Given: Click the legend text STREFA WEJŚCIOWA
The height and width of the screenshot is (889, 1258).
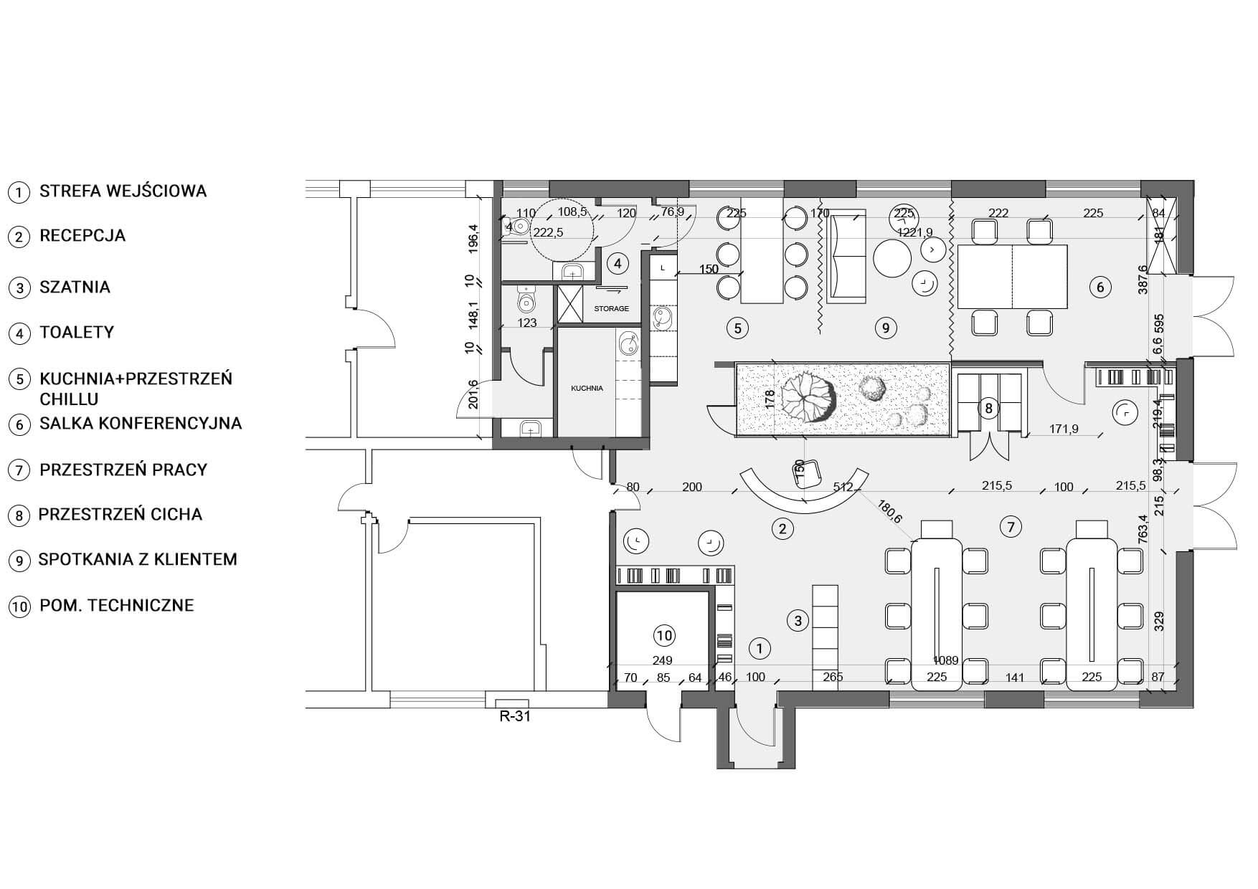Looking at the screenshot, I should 123,191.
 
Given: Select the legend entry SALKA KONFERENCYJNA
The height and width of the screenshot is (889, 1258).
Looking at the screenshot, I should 140,423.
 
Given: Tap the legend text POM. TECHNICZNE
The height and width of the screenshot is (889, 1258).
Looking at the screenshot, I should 116,605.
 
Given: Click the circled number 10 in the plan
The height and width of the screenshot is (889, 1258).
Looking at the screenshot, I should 665,635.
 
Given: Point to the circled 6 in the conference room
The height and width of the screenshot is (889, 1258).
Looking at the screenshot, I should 1099,287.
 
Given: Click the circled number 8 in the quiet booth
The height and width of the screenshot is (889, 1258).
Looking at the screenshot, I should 988,409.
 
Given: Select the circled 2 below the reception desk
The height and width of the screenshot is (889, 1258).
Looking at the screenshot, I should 782,529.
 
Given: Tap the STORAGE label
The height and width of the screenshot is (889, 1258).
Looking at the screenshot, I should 611,309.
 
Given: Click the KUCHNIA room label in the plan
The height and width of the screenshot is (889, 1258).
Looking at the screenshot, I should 587,388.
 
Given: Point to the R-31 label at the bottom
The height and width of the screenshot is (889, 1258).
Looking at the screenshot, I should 514,716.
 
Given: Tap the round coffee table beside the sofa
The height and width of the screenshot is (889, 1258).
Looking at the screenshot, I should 892,258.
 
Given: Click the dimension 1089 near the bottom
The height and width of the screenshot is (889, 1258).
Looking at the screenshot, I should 946,660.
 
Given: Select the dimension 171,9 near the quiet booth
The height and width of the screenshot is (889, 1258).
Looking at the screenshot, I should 1063,429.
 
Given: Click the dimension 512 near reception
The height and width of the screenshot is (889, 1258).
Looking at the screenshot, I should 844,488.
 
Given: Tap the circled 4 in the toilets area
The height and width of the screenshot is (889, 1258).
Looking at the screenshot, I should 617,264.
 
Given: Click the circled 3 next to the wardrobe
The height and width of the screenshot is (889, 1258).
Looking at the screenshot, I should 798,620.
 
